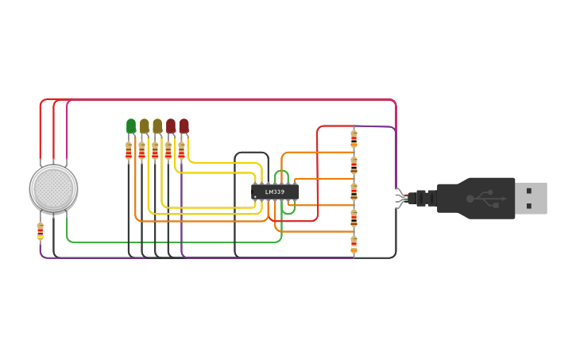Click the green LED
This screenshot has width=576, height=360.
131,126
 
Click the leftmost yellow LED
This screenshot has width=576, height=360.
144,126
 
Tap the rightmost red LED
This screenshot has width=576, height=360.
184,126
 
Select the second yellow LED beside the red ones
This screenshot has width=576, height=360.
157,126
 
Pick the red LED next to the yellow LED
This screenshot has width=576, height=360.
171,126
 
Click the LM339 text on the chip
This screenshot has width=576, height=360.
274,192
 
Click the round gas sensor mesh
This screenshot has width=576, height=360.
53,188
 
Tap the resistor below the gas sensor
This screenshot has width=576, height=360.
41,230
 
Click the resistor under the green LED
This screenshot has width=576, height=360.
129,151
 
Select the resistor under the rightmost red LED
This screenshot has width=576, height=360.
181,151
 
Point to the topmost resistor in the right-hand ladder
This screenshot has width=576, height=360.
354,138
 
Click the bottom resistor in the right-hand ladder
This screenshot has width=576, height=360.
354,245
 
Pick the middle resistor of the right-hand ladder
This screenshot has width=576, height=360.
354,192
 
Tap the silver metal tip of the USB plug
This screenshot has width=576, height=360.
531,198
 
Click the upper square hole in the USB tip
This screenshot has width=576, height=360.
530,191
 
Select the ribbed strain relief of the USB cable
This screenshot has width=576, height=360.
426,198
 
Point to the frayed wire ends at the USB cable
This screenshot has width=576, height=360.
401,197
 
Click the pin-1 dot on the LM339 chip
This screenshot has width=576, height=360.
256,197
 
